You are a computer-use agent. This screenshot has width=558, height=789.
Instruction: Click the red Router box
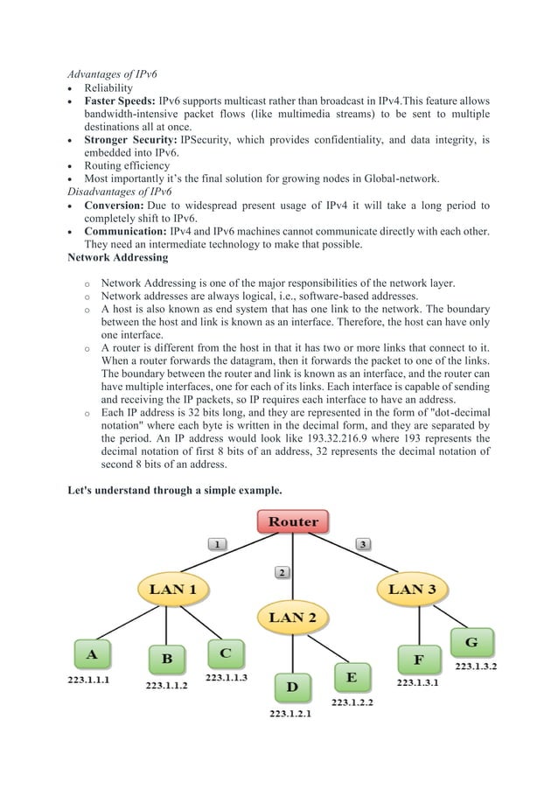coord(293,521)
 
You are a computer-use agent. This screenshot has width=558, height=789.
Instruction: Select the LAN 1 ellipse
coord(172,589)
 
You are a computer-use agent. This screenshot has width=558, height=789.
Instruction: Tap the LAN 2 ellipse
coord(292,618)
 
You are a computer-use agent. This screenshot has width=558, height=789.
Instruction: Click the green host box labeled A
coord(93,653)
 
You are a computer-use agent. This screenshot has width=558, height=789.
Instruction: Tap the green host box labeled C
coord(226,653)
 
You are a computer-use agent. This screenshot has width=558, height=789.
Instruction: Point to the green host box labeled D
coord(292,688)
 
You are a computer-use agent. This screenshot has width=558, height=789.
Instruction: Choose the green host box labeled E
coord(352,677)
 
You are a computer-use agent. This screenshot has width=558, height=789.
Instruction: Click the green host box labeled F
coord(419,660)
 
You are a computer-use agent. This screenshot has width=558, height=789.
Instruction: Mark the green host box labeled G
coord(471,643)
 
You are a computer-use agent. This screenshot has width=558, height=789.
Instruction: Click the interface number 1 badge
coord(218,543)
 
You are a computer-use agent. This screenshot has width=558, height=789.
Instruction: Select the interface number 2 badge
coord(282,572)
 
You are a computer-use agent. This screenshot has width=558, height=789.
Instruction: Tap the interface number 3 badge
coord(363,543)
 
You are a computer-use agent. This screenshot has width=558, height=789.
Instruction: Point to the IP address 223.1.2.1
coord(290,714)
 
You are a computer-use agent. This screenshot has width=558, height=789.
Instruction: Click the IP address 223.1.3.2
coord(476,667)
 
